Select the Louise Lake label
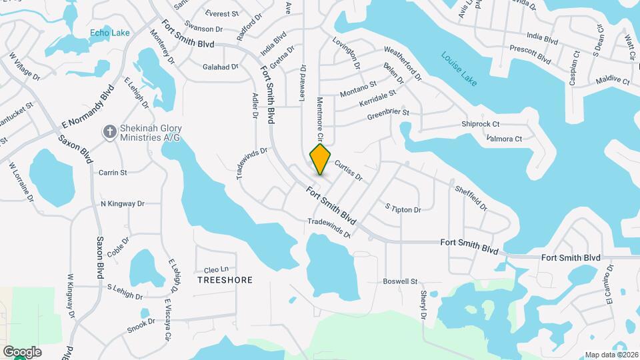pos(459,69)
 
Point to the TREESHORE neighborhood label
pos(225,280)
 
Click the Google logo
pos(22,352)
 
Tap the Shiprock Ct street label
pos(481,124)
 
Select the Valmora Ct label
pos(505,139)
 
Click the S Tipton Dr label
pos(403,209)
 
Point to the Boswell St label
pos(400,281)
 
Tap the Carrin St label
pos(113,173)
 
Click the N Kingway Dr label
pos(122,203)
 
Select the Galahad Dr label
pos(221,67)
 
